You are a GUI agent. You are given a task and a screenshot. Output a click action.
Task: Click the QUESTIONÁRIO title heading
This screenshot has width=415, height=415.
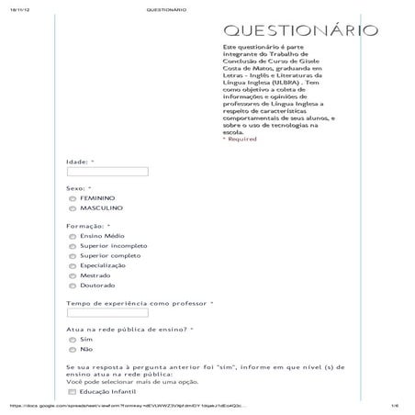click(x=300, y=30)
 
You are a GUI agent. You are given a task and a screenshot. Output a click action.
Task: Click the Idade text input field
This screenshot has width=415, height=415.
click(x=107, y=172)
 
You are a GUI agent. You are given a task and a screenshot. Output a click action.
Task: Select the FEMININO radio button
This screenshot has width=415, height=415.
click(x=73, y=197)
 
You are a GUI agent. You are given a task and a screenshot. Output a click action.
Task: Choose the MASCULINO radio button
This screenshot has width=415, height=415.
click(x=73, y=208)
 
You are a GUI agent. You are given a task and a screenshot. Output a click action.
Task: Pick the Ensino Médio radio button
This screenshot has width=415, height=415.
click(x=73, y=236)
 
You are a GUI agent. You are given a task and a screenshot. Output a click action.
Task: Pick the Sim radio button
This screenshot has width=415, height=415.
click(x=73, y=340)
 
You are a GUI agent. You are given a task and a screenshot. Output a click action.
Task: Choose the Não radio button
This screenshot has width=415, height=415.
click(x=73, y=350)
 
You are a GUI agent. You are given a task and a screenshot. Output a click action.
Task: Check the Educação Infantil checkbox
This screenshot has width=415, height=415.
click(x=73, y=392)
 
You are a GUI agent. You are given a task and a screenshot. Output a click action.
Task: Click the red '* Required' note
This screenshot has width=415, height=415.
click(x=240, y=140)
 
